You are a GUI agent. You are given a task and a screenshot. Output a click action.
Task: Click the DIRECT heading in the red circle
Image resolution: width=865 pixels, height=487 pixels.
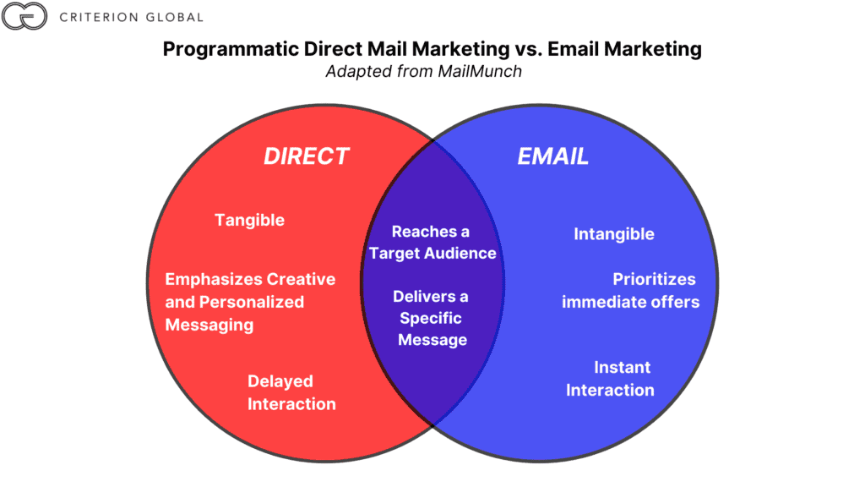(306, 156)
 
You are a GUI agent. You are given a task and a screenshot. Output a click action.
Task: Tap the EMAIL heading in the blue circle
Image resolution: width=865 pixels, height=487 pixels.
(553, 156)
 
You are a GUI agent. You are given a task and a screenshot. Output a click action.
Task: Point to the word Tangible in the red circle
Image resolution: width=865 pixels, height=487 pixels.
(249, 220)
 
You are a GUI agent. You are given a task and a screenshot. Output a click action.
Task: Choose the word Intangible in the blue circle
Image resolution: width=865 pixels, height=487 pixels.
(614, 234)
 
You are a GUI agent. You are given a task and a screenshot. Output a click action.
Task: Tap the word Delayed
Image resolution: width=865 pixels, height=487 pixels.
(280, 381)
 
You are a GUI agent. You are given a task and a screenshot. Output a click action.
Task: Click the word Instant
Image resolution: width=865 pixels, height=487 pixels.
(622, 367)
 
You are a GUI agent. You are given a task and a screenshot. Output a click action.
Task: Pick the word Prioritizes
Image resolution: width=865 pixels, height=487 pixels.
(654, 279)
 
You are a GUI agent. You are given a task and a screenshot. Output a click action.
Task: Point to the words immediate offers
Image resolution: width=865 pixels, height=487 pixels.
(631, 302)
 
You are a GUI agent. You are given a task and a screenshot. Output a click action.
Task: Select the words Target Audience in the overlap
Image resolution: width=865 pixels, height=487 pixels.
(432, 253)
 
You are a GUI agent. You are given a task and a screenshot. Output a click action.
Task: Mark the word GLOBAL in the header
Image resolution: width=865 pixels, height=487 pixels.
(173, 18)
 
